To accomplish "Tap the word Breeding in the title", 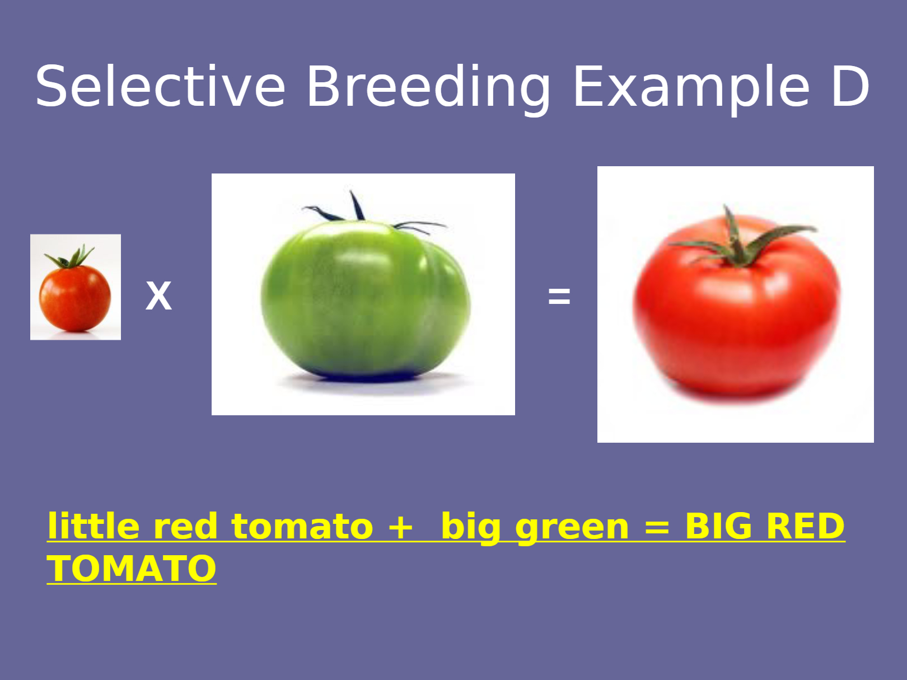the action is coord(428,90).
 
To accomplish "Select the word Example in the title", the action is coord(691,90).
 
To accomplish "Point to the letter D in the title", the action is coord(850,86).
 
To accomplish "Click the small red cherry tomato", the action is coord(75,298).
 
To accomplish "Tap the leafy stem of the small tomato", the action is coord(69,256).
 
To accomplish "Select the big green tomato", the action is coord(365,298).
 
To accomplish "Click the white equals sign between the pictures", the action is coord(559,296).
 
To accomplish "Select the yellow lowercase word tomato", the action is coord(302,526).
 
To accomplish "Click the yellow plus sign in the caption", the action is coord(400,527).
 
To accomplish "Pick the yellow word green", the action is coord(572,529).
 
